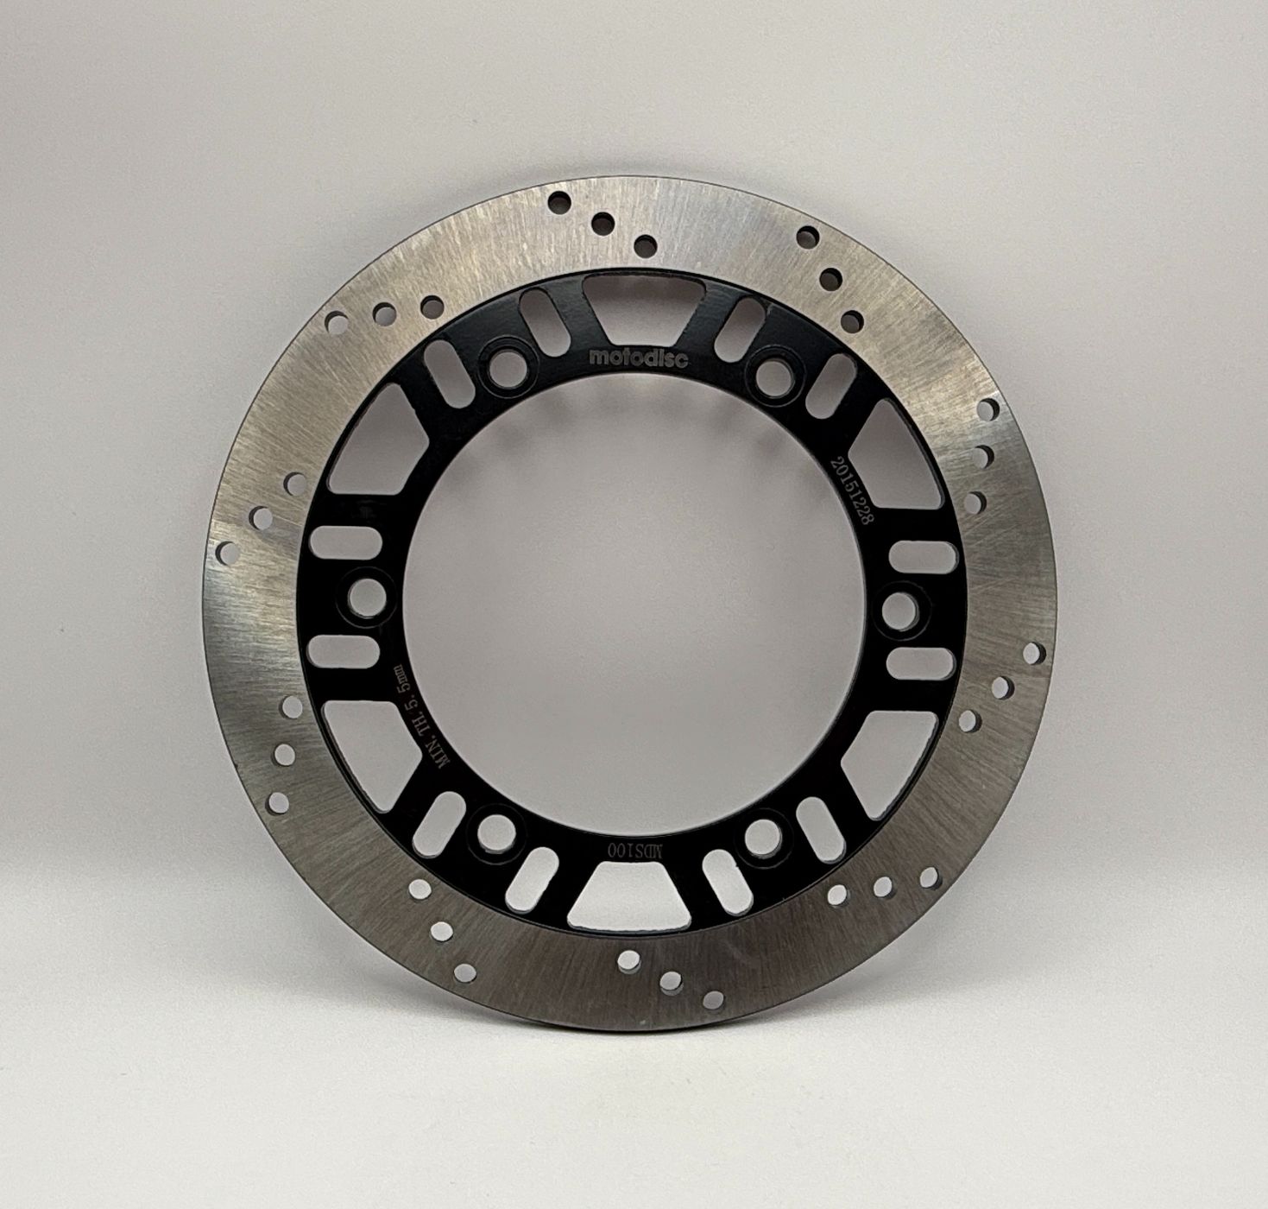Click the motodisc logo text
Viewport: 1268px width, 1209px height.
point(638,357)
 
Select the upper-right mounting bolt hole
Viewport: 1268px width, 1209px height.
point(774,372)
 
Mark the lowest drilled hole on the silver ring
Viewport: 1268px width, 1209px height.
point(713,1000)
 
